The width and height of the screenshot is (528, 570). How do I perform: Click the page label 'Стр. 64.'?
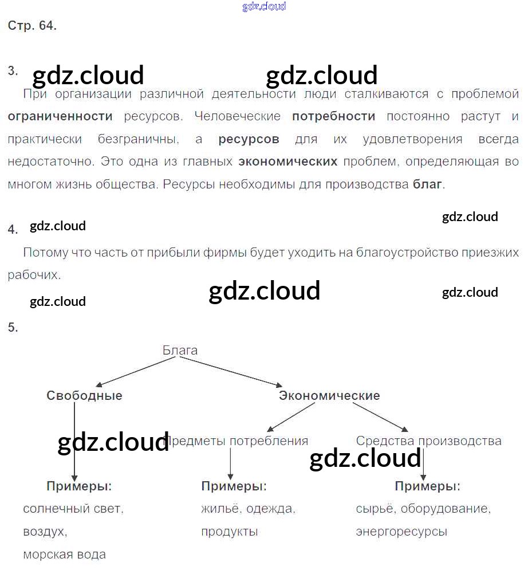click(x=32, y=26)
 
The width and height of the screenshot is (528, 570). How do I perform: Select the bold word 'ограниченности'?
click(x=60, y=116)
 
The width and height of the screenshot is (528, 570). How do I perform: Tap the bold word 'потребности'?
click(x=333, y=116)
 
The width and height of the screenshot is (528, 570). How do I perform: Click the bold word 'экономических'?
click(x=287, y=162)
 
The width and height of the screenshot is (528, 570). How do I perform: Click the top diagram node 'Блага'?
click(x=180, y=350)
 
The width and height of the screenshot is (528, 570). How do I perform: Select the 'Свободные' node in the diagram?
click(x=84, y=396)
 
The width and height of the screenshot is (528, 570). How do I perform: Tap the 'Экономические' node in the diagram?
click(x=329, y=396)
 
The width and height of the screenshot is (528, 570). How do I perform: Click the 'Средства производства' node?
click(x=428, y=441)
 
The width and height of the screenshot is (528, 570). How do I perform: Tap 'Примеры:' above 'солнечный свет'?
click(x=79, y=486)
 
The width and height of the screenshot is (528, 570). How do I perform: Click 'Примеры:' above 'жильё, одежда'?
click(x=234, y=486)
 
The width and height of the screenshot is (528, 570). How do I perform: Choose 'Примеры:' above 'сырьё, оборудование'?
click(x=427, y=486)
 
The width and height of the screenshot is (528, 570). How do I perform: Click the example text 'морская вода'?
click(x=64, y=555)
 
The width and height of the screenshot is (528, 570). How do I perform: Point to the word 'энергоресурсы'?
click(x=401, y=532)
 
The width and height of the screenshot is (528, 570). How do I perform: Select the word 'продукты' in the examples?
click(x=229, y=532)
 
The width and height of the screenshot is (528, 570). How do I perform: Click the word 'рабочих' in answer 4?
click(x=33, y=275)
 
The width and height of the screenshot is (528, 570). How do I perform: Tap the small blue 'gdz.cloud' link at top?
click(x=264, y=7)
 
